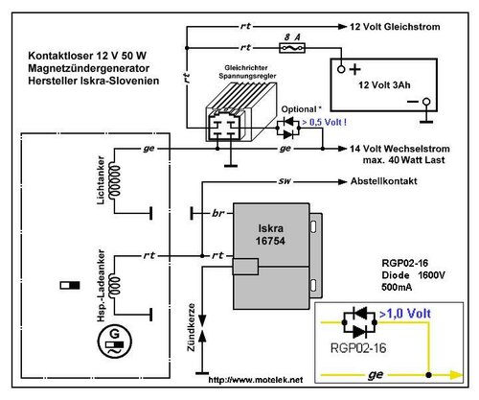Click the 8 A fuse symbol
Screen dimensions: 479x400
[x=292, y=48]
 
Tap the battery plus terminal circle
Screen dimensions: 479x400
[x=341, y=69]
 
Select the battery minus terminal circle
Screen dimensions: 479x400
[x=426, y=102]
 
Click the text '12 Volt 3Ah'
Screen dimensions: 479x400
[x=384, y=85]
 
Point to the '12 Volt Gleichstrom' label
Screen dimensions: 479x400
[x=395, y=27]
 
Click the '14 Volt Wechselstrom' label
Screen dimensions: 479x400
[x=399, y=149]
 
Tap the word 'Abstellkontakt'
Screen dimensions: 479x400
[x=384, y=181]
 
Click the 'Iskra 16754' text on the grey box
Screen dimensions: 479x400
[x=270, y=234]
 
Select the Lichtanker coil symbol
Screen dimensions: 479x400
[x=114, y=180]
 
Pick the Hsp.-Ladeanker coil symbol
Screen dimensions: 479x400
[x=114, y=286]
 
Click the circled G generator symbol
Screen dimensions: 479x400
[x=114, y=342]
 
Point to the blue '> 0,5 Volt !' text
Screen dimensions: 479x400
[x=324, y=122]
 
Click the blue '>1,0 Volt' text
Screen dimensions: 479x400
[x=405, y=314]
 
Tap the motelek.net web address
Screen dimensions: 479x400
[x=256, y=380]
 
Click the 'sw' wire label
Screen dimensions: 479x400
[x=285, y=181]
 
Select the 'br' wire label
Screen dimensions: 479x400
[x=218, y=213]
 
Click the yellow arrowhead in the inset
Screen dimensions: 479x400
[x=456, y=375]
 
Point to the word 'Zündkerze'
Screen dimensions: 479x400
[x=191, y=327]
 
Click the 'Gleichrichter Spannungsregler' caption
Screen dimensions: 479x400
[x=247, y=72]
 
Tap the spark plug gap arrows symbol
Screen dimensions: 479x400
[x=202, y=328]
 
